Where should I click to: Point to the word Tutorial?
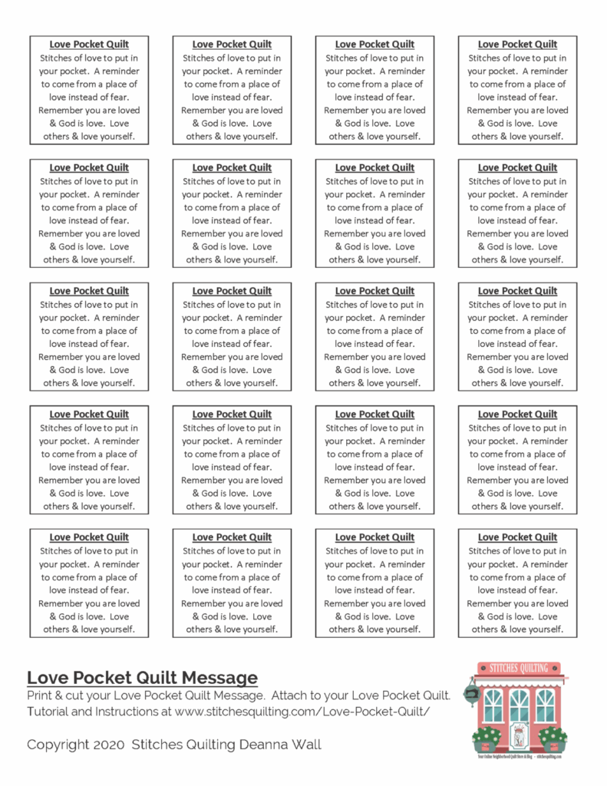pyautogui.click(x=51, y=712)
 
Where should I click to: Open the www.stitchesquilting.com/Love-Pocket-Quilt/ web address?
pyautogui.click(x=302, y=712)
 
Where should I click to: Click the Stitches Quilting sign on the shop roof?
pyautogui.click(x=520, y=668)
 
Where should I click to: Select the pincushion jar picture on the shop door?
pyautogui.click(x=520, y=735)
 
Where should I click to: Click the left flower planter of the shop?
pyautogui.click(x=487, y=739)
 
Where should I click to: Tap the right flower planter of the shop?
pyautogui.click(x=553, y=739)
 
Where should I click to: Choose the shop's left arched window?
pyautogui.click(x=493, y=705)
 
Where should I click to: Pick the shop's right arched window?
pyautogui.click(x=546, y=705)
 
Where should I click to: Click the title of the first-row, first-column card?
pyautogui.click(x=89, y=45)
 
